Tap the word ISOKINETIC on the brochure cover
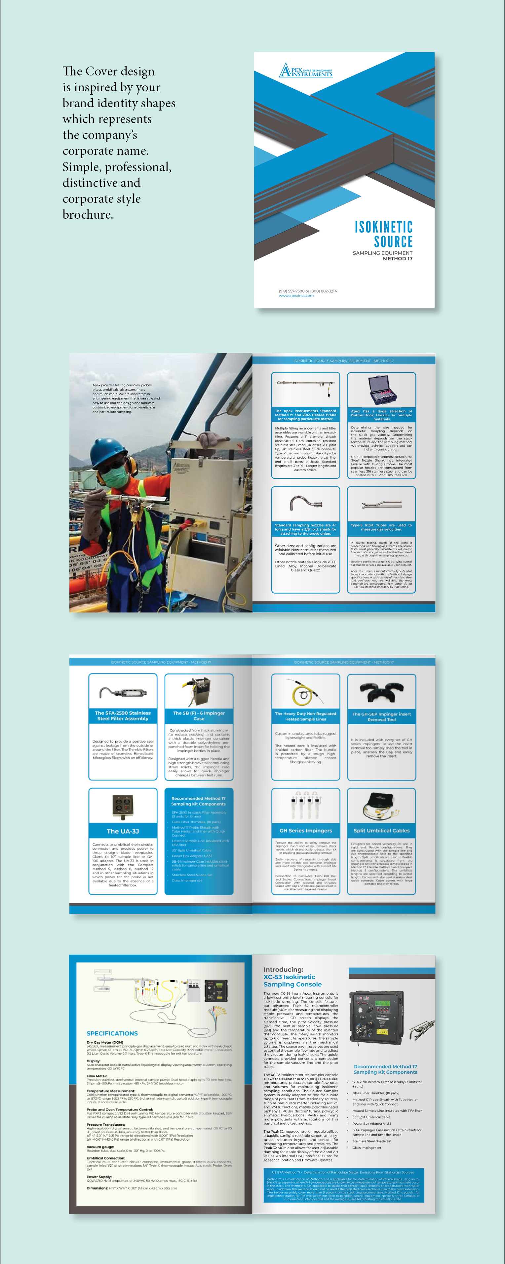[x=383, y=227]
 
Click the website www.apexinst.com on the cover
[x=296, y=296]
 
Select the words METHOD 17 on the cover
[x=398, y=258]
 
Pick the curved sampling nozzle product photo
[x=305, y=503]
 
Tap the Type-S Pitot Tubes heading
[x=381, y=527]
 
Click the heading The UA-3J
[x=123, y=831]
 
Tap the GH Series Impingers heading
[x=305, y=831]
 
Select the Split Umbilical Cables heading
[x=381, y=831]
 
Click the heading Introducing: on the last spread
[x=283, y=970]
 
